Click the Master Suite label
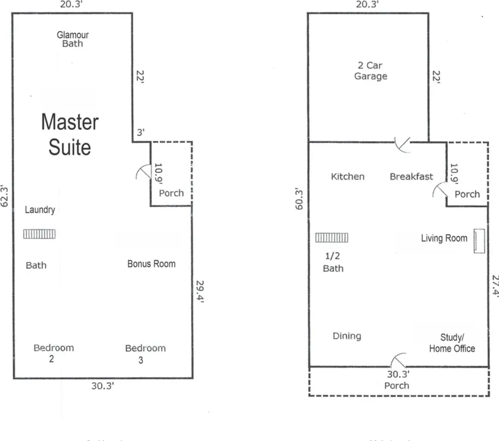pos(70,135)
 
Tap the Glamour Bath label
pos(73,39)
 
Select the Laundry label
pos(40,210)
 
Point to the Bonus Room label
pos(151,264)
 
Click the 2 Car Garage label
pos(370,71)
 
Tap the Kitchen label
pos(347,176)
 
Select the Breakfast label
pos(411,176)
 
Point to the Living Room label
pos(444,238)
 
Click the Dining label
pos(346,336)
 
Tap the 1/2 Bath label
pos(333,262)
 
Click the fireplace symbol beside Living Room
pos(479,241)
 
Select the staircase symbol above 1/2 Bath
pos(332,237)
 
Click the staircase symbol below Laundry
pos(40,234)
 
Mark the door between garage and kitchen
pos(403,145)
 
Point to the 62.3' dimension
pos(5,196)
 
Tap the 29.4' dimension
pos(200,293)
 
